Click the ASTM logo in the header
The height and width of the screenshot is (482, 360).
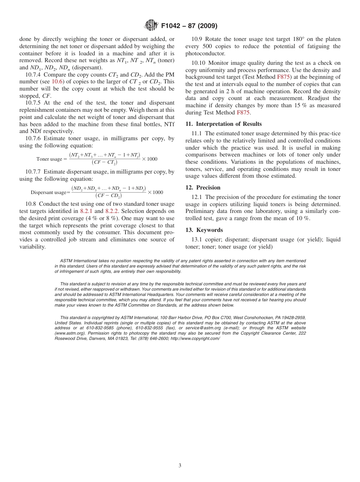[x=151, y=26]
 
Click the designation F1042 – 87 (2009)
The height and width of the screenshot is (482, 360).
[x=189, y=26]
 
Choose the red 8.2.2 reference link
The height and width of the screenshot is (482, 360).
[x=112, y=211]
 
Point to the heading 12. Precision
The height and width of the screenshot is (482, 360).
[x=203, y=188]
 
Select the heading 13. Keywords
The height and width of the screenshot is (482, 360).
[x=204, y=230]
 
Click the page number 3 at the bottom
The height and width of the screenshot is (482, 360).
[x=180, y=466]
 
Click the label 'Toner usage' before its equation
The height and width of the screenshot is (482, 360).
[x=49, y=159]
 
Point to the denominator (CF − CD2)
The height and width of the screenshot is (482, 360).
[x=108, y=196]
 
